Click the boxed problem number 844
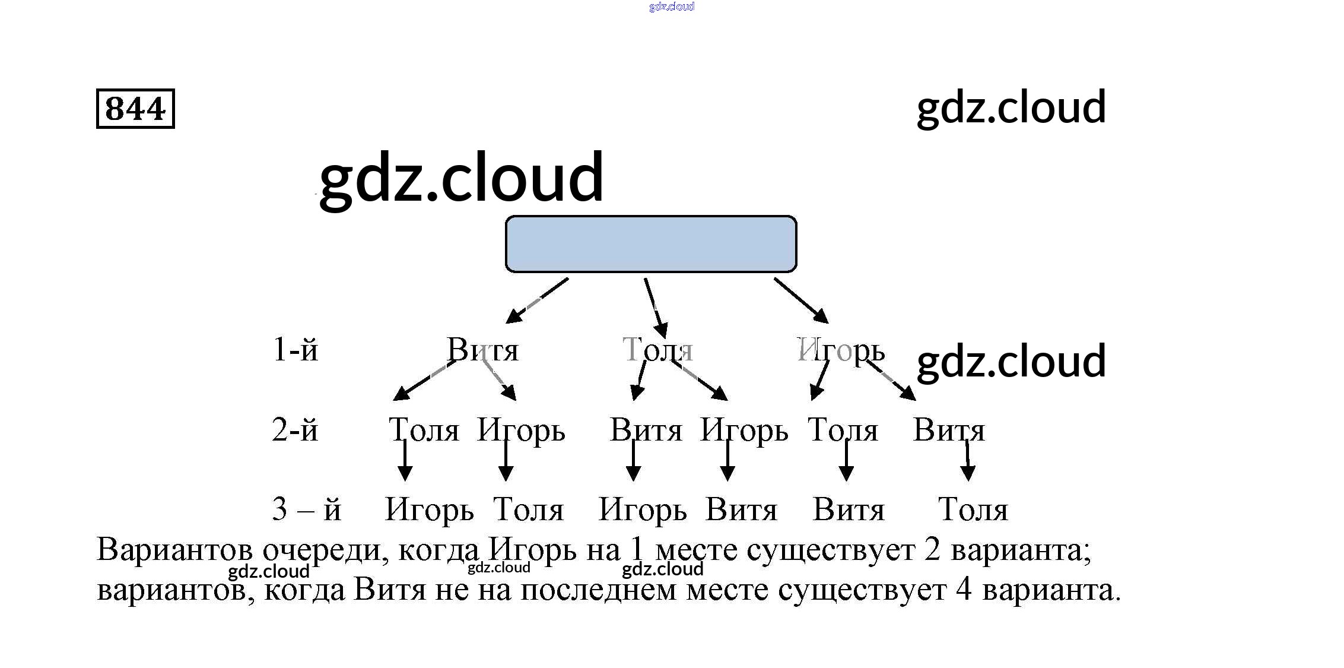click(135, 109)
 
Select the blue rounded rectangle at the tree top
click(650, 244)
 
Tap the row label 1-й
click(295, 350)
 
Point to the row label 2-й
click(295, 430)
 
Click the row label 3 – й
click(306, 509)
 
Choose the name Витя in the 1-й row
click(482, 350)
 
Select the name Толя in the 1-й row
click(657, 350)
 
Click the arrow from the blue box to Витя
click(536, 300)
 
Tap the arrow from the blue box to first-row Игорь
click(801, 300)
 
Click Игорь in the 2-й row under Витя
click(521, 430)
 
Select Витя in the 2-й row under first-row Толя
click(646, 430)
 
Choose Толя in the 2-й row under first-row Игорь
click(843, 430)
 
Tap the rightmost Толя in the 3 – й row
click(973, 510)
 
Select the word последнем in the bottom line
click(598, 590)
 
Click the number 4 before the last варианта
click(964, 590)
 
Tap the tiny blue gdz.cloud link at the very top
click(671, 7)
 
